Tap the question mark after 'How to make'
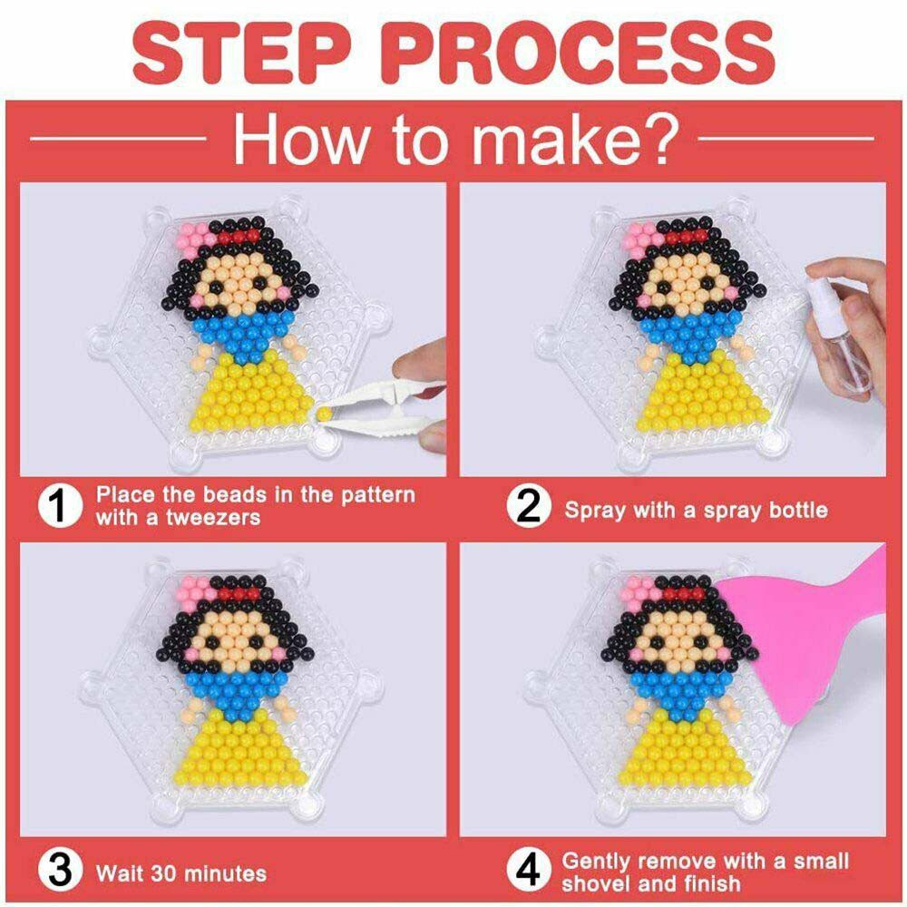660,138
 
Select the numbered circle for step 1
60,505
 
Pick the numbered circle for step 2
528,506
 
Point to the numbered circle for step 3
60,871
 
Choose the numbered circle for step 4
528,871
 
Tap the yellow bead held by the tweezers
324,413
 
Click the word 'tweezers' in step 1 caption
213,517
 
